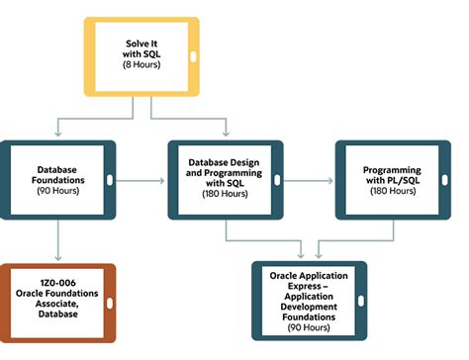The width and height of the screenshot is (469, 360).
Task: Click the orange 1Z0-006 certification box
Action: [57, 302]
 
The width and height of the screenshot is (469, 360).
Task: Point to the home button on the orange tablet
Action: [107, 302]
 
